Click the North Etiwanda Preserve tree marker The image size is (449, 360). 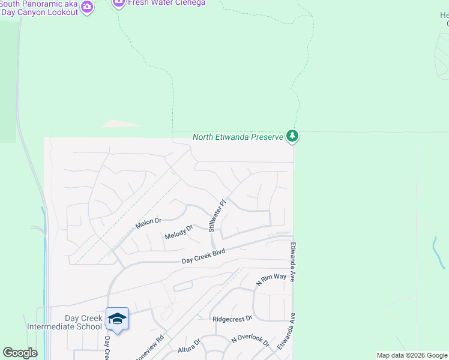click(x=292, y=137)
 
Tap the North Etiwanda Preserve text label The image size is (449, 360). click(x=238, y=137)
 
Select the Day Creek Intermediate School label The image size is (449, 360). click(x=65, y=322)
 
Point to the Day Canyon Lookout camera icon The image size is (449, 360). click(x=88, y=7)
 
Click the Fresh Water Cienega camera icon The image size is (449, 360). click(x=118, y=3)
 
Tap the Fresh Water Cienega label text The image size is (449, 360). click(x=166, y=3)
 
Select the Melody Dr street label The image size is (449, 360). click(x=179, y=232)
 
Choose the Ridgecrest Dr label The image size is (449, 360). click(x=232, y=318)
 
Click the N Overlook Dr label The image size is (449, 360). click(x=250, y=340)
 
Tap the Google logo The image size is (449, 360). click(x=20, y=353)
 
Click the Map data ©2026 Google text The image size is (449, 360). click(x=412, y=355)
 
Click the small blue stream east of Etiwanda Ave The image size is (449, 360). click(x=437, y=252)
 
